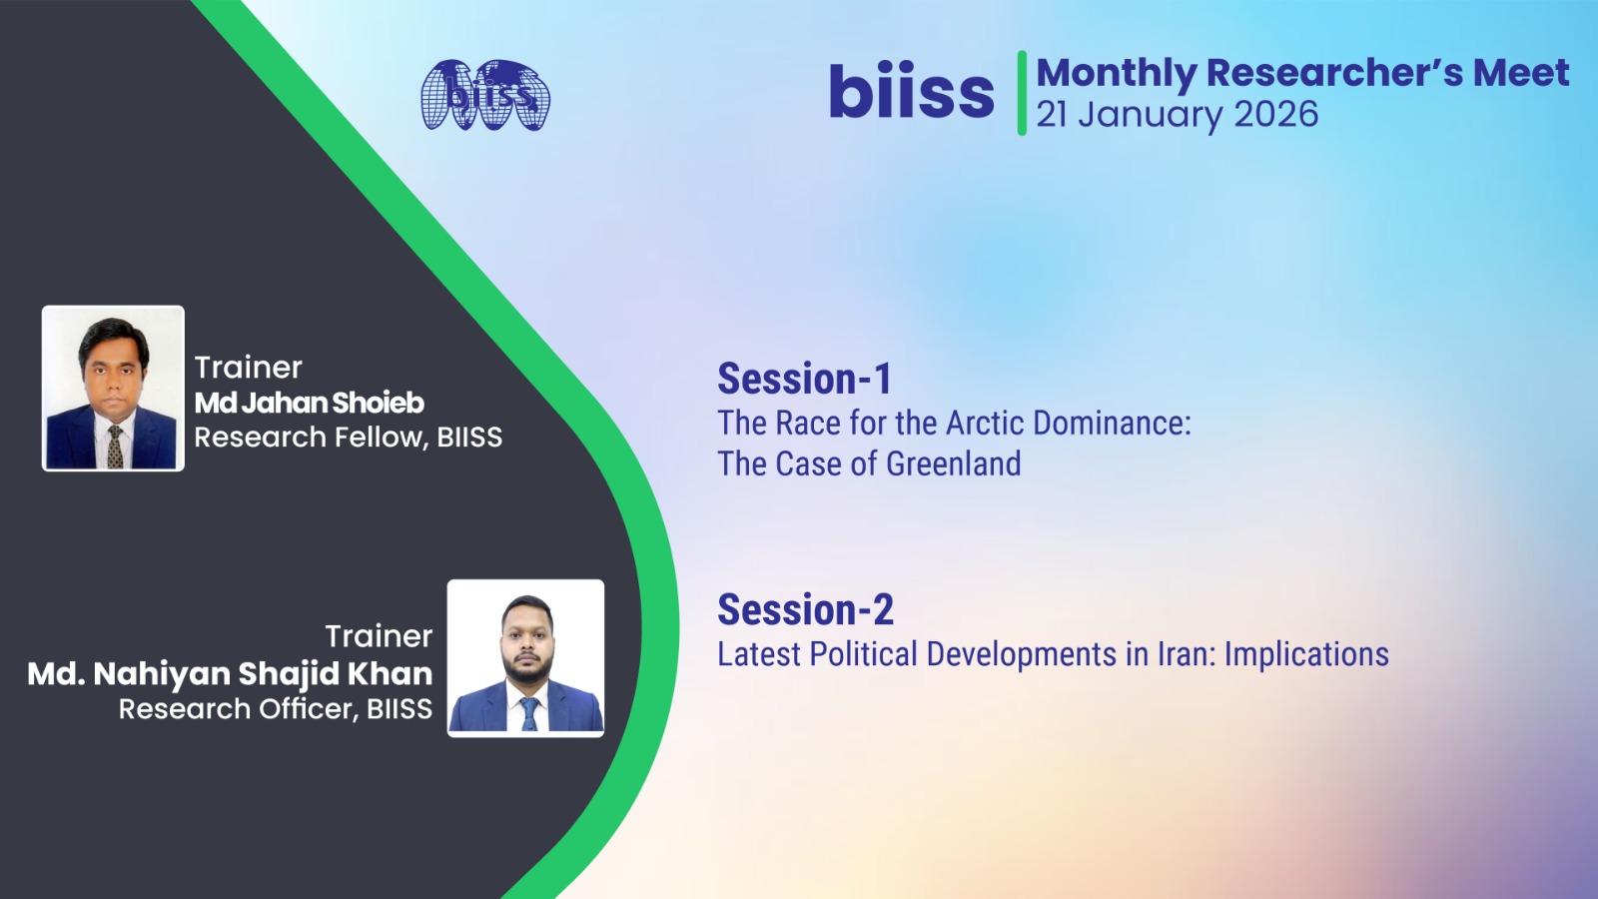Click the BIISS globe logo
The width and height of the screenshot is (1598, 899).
tap(485, 95)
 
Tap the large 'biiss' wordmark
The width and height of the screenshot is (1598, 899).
tap(911, 91)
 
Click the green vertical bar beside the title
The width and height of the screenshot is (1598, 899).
tap(1022, 93)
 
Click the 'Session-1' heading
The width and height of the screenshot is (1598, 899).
tap(805, 379)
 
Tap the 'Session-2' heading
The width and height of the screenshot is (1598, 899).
tap(805, 610)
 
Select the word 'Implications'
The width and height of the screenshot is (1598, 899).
tap(1307, 655)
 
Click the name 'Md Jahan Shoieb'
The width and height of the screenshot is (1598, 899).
tap(310, 404)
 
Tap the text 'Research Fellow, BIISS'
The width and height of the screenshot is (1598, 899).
tap(349, 437)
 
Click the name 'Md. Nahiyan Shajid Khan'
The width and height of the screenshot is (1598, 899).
tap(230, 674)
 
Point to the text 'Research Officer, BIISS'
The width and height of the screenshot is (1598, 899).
tap(276, 708)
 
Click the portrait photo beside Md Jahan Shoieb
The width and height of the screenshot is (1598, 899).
tap(113, 389)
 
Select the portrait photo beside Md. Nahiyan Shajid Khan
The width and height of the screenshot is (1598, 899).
tap(525, 658)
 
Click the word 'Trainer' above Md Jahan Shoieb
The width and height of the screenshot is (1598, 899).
tap(249, 369)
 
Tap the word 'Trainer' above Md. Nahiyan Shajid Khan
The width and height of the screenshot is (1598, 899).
tap(379, 636)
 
